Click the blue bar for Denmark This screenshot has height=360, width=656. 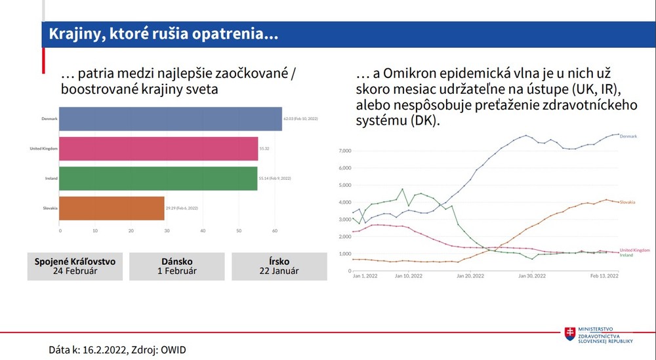pos(171,119)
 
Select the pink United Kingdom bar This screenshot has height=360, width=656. pos(159,149)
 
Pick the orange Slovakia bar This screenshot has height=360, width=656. pos(112,208)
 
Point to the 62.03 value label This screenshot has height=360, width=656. pos(301,119)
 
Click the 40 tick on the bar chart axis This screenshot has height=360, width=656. pos(203,231)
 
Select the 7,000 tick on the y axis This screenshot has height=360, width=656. pos(345,151)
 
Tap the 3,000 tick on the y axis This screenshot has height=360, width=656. pos(345,220)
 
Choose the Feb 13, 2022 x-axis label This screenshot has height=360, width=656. pos(604,276)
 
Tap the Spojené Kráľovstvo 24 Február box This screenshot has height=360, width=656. pos(75,266)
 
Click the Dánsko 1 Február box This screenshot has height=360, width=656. pos(177,266)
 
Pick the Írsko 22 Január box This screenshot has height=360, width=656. pos(279,266)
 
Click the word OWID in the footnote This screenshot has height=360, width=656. pos(173,350)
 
